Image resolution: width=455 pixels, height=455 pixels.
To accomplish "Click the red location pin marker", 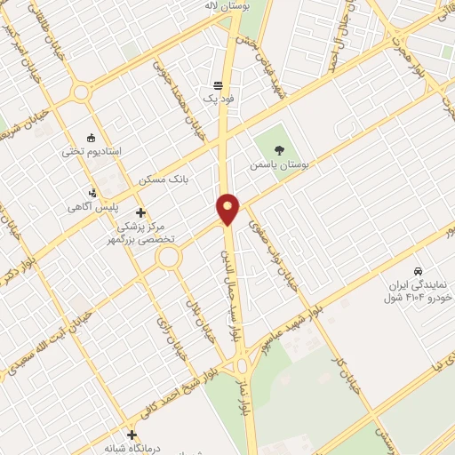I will (x=228, y=210).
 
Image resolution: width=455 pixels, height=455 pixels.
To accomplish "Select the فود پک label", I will (x=219, y=100).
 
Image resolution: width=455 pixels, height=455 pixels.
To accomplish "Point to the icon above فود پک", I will (x=219, y=84).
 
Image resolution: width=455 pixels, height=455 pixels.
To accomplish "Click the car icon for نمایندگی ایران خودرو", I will (x=417, y=270).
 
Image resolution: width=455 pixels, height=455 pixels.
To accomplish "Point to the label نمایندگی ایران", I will (x=417, y=286).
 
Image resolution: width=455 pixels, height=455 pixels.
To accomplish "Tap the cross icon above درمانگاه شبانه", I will (x=132, y=435).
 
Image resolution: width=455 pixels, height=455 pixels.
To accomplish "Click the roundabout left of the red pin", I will (x=167, y=258).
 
